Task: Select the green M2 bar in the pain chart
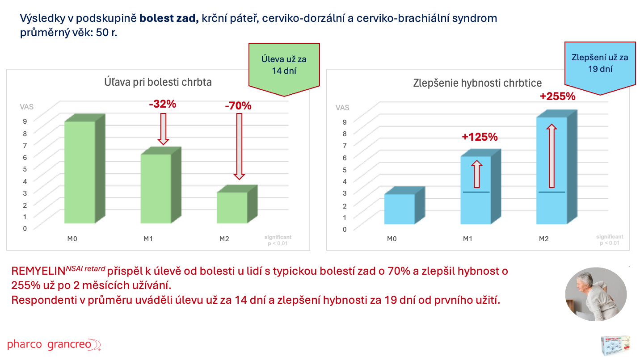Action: (x=232, y=208)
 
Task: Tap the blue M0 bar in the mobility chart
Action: (x=400, y=209)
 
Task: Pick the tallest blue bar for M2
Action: (x=552, y=170)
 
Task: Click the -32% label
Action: (x=163, y=105)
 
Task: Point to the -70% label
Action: (x=238, y=106)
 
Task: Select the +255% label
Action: (x=557, y=96)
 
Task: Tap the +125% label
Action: (x=480, y=137)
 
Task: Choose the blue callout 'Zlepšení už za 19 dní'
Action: (x=600, y=63)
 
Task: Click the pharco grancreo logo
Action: (x=54, y=344)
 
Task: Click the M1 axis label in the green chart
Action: (x=148, y=239)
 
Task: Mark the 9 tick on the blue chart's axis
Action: (x=345, y=121)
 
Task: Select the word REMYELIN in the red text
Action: (x=38, y=271)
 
